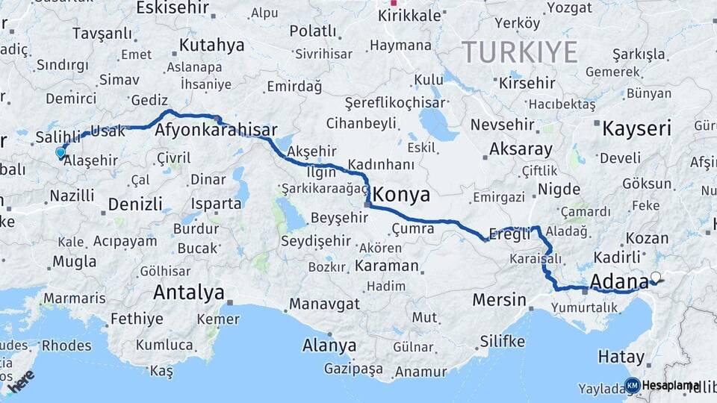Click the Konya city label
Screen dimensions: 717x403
pos(402,196)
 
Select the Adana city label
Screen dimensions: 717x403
pos(618,282)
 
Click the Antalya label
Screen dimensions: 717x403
pos(188,293)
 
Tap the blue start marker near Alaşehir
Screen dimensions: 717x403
pos(60,152)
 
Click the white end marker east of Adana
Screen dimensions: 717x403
pos(656,277)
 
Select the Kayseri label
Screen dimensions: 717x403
pos(636,128)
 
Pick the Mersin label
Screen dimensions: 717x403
pos(499,300)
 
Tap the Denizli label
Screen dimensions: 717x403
pos(134,204)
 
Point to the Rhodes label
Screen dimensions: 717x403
pos(66,346)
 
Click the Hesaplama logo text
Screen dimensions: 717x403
pos(670,385)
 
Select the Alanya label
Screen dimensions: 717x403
pos(329,346)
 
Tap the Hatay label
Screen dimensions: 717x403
pos(620,357)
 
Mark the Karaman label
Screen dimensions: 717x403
pos(386,266)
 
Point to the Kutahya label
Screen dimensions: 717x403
pos(211,46)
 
